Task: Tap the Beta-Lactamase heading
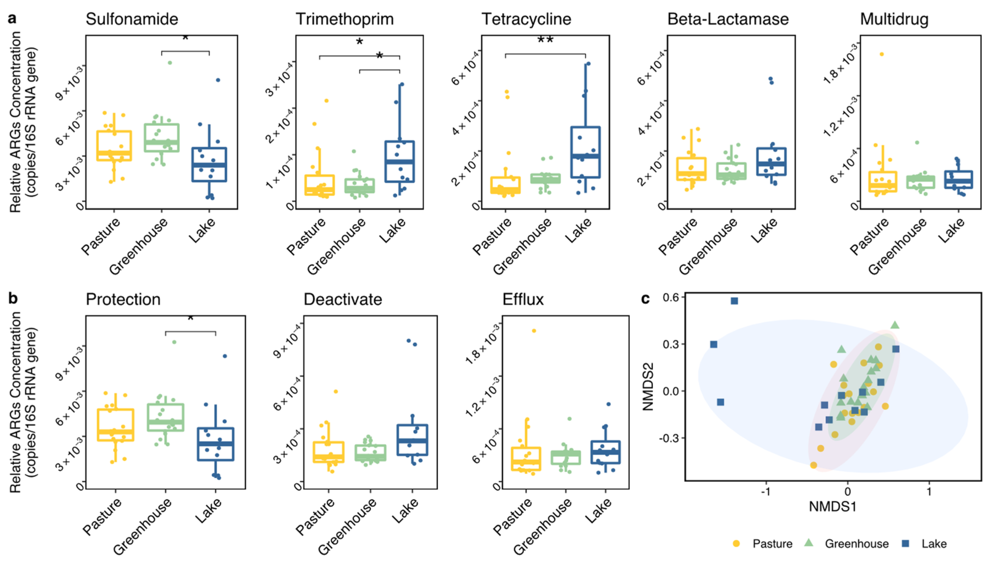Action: point(728,19)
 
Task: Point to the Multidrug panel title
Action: point(894,19)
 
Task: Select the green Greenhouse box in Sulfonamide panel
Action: point(161,138)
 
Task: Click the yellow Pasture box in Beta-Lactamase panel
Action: point(691,169)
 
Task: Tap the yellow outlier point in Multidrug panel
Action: point(881,54)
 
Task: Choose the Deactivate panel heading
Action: point(342,299)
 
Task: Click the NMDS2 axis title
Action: point(648,387)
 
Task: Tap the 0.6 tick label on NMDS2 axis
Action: point(671,297)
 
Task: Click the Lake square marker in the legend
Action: point(905,543)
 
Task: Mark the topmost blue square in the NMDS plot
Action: point(734,301)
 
